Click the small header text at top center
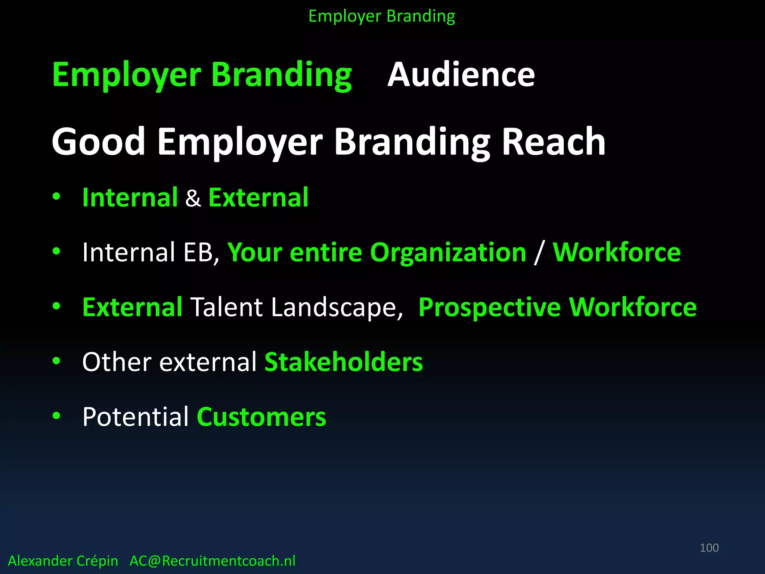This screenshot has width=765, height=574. point(382,16)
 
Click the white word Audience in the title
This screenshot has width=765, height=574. point(461,75)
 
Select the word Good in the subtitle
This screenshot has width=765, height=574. point(98,142)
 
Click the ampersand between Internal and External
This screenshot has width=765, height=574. point(193,198)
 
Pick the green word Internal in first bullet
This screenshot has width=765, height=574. point(130,197)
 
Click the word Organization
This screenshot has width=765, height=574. point(448,253)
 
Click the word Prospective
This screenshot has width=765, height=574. point(489,308)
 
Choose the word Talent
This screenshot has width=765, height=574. point(227,308)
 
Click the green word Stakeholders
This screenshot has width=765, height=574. point(344,362)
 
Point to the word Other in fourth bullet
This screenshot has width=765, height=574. point(117,362)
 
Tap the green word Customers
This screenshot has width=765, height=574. point(261,417)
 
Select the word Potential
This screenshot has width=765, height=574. point(135,417)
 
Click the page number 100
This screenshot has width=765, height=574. point(709,548)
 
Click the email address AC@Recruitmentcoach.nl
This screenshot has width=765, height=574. point(212,561)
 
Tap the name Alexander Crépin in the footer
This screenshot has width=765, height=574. point(63,561)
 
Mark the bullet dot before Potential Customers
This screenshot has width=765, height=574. point(56,416)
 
